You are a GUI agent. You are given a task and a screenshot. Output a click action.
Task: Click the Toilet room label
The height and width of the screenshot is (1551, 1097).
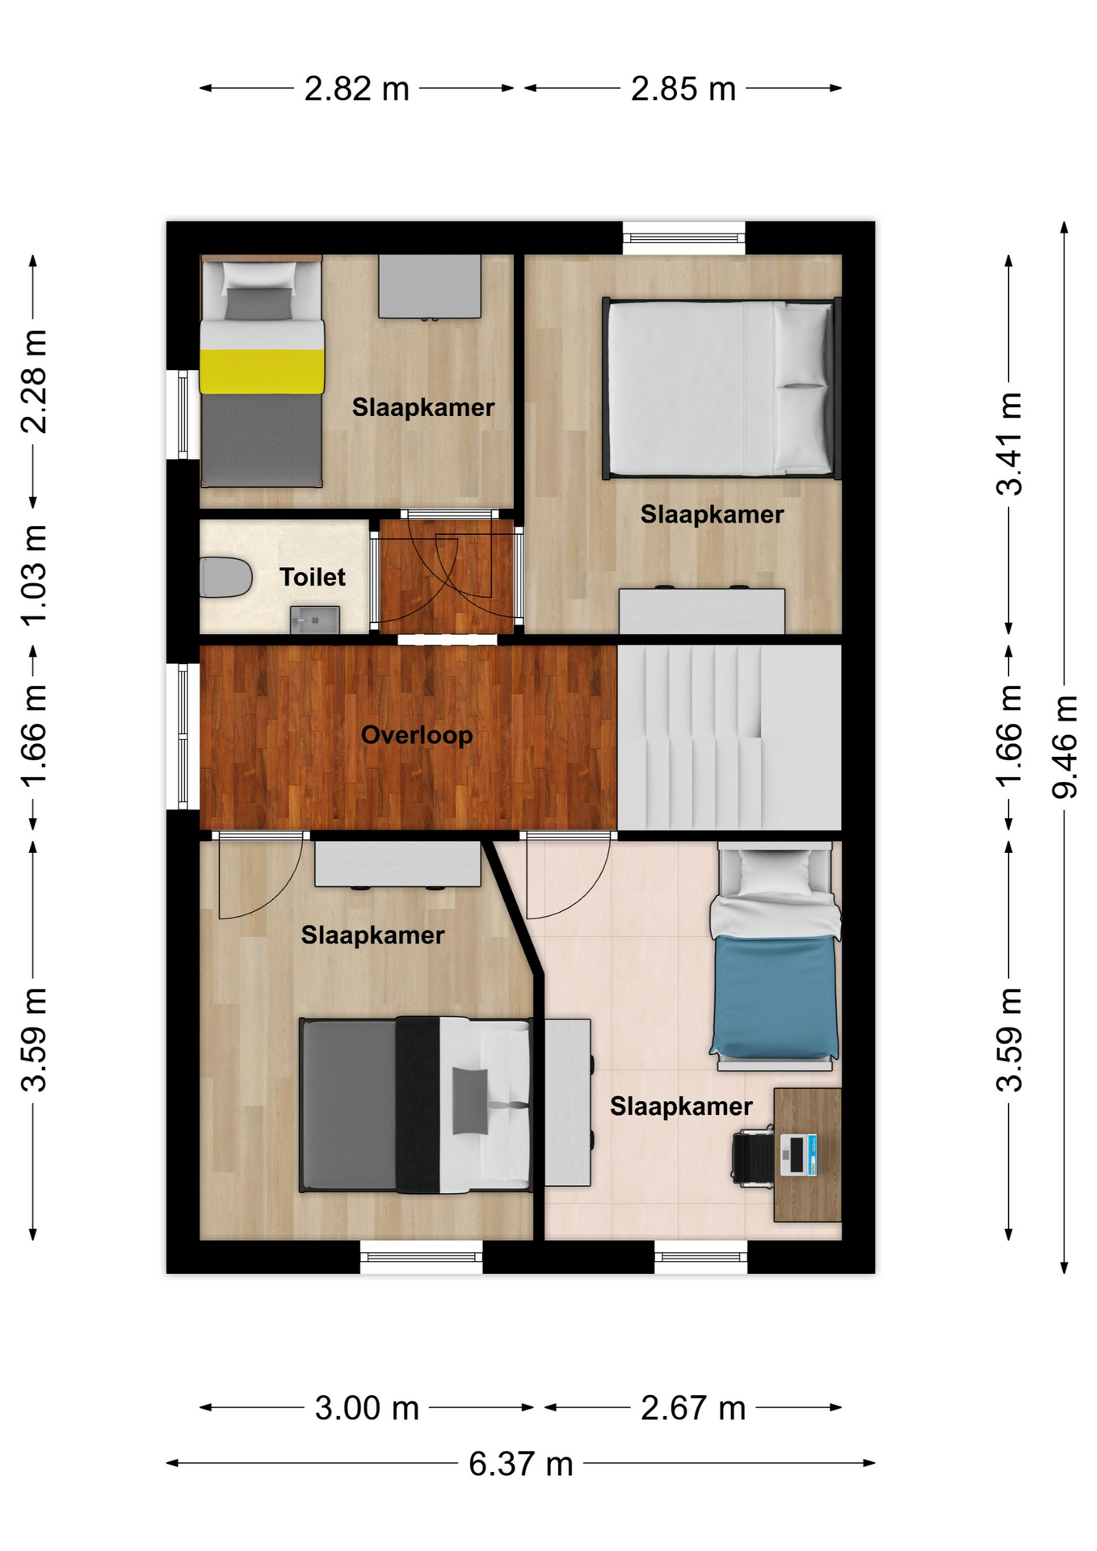click(x=312, y=577)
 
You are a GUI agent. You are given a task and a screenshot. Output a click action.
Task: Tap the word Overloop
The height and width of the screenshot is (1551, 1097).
click(x=417, y=735)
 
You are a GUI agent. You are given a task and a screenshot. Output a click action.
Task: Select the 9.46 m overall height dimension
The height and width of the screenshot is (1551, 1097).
click(x=1065, y=747)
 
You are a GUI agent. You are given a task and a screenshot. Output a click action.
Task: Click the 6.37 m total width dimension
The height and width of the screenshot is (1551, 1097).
click(x=521, y=1463)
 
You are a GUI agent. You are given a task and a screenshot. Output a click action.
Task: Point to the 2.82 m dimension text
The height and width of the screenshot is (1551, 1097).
click(x=356, y=88)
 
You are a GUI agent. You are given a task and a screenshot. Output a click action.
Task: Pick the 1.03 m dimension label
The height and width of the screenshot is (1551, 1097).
click(x=34, y=575)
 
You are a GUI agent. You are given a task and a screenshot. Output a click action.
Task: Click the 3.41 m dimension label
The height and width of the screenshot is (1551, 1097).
click(x=1010, y=443)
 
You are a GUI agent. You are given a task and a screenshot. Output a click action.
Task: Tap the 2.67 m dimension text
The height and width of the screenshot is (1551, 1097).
click(x=693, y=1408)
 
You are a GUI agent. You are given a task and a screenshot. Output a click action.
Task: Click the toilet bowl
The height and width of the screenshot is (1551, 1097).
click(x=225, y=577)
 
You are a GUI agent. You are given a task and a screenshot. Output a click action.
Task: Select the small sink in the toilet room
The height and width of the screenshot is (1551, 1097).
click(x=315, y=620)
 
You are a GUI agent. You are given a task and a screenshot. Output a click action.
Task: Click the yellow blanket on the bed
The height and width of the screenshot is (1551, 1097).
click(x=263, y=372)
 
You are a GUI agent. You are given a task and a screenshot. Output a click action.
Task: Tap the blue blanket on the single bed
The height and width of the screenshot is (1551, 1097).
click(x=774, y=996)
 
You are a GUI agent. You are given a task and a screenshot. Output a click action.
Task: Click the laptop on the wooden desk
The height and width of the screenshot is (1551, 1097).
click(x=798, y=1154)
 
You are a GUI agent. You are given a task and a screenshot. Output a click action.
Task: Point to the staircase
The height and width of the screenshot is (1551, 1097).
click(x=729, y=737)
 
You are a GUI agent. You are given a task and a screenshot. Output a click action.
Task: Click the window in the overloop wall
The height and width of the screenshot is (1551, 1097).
click(x=183, y=736)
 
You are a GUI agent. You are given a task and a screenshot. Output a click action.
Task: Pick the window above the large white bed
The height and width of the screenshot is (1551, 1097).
click(x=683, y=237)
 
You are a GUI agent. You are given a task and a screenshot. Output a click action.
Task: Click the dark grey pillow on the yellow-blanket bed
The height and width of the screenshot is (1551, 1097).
click(x=258, y=304)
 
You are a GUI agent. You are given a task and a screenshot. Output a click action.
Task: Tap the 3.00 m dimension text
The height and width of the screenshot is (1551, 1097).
click(x=367, y=1408)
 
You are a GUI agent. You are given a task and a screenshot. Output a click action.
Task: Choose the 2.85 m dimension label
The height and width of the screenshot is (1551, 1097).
click(x=683, y=88)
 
